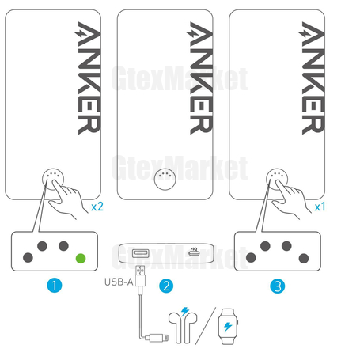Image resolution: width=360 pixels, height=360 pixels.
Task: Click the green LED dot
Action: [81, 258]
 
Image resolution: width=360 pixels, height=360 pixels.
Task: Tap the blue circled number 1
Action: [55, 286]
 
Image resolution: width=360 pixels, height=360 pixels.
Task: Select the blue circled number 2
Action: [166, 286]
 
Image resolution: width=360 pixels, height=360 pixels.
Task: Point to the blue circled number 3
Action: [278, 286]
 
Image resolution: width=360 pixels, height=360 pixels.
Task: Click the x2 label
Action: [97, 207]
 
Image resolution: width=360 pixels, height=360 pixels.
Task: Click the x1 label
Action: [320, 207]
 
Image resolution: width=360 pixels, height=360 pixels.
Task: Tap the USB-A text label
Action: [119, 282]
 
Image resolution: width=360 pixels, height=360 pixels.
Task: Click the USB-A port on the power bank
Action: [140, 253]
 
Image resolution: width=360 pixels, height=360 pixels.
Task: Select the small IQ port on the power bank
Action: [194, 252]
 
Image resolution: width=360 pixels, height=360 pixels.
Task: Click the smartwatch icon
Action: [228, 327]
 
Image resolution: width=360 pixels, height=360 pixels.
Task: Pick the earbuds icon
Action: [183, 328]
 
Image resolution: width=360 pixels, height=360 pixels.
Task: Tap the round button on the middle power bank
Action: [165, 179]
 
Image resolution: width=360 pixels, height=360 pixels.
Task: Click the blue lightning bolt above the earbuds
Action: [185, 311]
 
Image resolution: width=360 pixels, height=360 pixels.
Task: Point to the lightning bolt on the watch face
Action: [228, 327]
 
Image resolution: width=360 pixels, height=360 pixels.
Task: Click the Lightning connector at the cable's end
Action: [159, 338]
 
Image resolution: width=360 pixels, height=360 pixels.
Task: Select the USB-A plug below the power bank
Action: [140, 276]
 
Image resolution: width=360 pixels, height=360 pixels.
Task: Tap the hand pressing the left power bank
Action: [68, 199]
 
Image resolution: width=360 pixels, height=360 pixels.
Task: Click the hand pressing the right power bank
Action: [291, 199]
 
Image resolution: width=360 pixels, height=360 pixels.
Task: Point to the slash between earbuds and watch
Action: [206, 326]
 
